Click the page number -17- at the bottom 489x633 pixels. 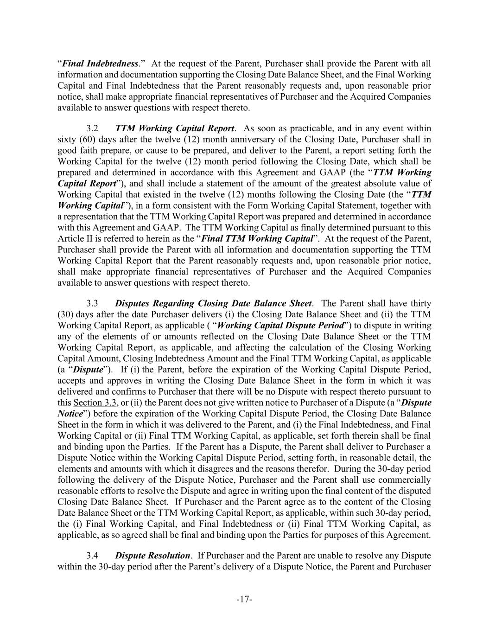(x=244, y=600)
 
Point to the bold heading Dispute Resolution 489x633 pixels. (x=152, y=556)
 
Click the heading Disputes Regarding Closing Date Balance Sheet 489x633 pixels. (x=213, y=303)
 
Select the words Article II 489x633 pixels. (x=74, y=239)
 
